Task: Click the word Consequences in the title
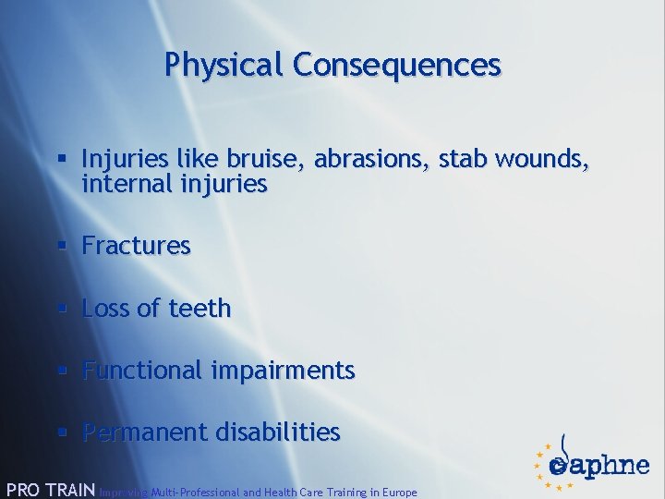(x=397, y=65)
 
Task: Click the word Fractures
(x=136, y=246)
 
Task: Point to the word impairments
(x=282, y=371)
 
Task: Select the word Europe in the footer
(x=397, y=493)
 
